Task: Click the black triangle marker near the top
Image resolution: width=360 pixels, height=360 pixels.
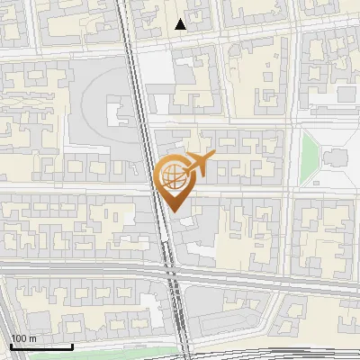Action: click(181, 24)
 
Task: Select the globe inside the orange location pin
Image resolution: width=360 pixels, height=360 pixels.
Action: click(171, 175)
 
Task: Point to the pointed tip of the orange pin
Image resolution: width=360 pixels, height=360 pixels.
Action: click(172, 211)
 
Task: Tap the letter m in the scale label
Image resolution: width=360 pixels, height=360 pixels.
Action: click(33, 338)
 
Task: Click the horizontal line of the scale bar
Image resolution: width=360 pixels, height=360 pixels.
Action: click(40, 346)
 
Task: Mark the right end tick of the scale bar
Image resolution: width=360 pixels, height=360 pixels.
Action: click(73, 345)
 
